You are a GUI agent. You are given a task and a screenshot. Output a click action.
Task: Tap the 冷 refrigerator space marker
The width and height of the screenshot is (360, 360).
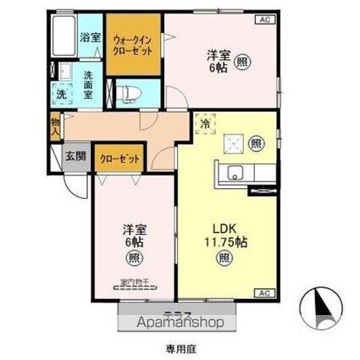(x=206, y=124)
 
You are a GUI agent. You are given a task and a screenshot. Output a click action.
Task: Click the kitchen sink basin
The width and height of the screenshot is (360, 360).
(x=234, y=176)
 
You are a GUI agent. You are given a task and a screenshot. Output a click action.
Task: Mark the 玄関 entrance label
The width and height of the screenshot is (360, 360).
(x=75, y=156)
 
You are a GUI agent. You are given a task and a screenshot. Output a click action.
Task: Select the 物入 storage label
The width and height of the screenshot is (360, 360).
(x=54, y=128)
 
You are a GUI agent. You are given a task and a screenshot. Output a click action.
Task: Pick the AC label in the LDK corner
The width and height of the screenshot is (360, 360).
(x=262, y=291)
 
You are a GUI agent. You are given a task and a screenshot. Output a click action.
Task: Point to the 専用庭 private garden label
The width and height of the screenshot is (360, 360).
(x=180, y=347)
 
